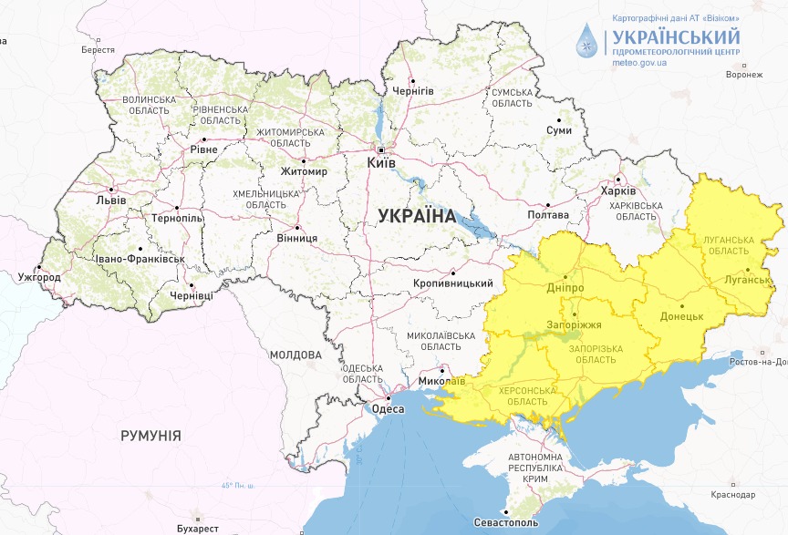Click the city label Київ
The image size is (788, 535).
(380, 162)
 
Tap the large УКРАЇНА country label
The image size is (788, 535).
(416, 216)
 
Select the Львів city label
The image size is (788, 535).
(110, 201)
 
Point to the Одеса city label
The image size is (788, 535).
(389, 409)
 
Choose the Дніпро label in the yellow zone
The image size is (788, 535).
(565, 288)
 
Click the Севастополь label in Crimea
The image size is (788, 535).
(506, 524)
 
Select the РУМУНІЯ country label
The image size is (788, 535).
(150, 436)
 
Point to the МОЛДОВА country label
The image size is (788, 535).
(295, 355)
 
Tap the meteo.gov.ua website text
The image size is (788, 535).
(639, 63)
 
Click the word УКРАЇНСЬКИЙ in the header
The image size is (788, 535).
(676, 37)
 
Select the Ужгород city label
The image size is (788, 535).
(38, 276)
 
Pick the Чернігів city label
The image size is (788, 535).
(412, 92)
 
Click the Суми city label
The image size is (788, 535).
(558, 130)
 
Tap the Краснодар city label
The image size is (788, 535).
(736, 494)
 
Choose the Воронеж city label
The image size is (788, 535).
(743, 75)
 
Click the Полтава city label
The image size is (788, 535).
(548, 215)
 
